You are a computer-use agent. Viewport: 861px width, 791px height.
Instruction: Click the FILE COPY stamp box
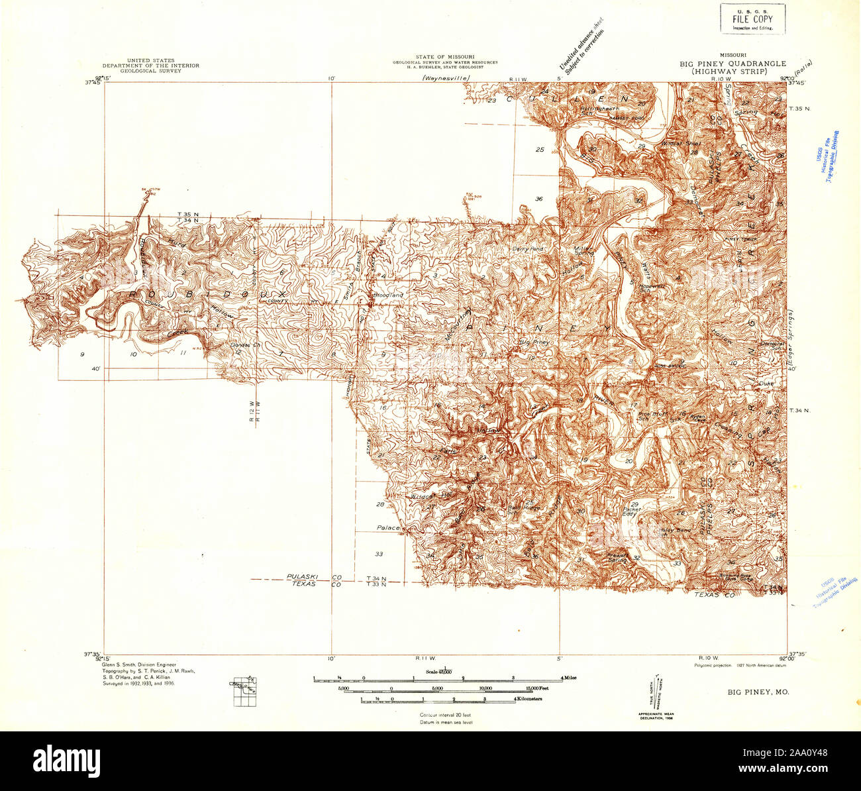752,18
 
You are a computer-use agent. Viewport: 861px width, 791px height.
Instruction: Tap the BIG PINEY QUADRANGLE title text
733,64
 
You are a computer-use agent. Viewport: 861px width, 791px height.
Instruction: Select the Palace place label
388,527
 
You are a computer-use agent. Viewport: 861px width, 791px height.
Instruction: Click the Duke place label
766,384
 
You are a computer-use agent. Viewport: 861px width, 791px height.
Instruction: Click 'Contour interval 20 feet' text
446,715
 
